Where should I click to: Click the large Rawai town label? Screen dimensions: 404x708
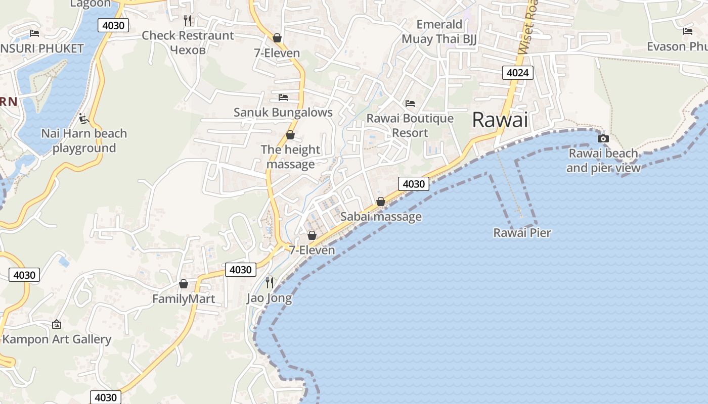pos(500,120)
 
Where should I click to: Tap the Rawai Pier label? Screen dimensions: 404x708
pos(522,233)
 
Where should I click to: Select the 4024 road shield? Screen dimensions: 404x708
pos(517,73)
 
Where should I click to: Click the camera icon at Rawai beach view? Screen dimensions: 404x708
pos(603,138)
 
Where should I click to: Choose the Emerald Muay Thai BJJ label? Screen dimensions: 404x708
pos(439,32)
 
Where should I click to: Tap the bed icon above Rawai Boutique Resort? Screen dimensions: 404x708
pos(410,104)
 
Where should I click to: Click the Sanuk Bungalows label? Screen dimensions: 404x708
pos(283,112)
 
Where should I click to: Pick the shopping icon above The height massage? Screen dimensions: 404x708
pos(290,135)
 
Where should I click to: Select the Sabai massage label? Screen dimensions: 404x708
pos(381,217)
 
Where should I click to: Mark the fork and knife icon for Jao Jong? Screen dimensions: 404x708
pos(270,282)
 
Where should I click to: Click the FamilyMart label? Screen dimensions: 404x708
pos(184,299)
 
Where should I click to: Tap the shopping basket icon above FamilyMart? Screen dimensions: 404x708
pos(184,284)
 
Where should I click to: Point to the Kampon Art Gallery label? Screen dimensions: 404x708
pos(57,339)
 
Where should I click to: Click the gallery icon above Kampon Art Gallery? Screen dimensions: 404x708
pos(57,324)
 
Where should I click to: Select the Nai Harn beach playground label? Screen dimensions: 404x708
pos(84,140)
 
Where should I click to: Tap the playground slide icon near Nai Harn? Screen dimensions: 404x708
pos(84,119)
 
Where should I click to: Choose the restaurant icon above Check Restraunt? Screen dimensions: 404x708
pos(188,20)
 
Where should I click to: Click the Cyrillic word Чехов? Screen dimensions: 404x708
pos(188,50)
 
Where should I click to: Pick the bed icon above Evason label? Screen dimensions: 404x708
pos(688,31)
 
